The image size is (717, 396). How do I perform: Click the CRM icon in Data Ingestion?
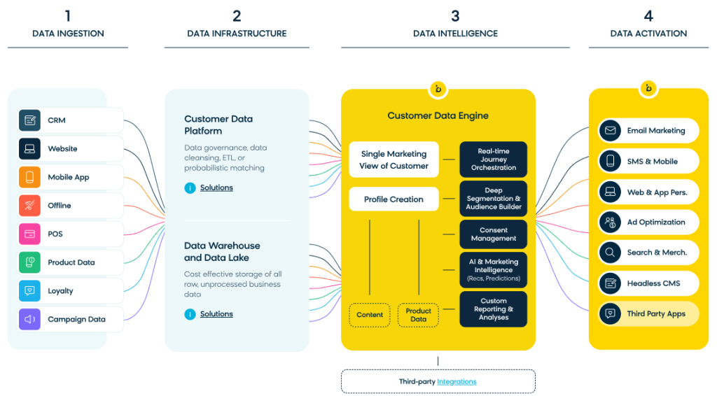29,120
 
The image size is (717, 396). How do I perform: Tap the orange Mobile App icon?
29,177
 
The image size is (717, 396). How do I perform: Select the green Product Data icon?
29,262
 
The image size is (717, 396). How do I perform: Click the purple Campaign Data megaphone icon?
29,319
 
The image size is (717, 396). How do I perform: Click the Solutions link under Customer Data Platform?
216,188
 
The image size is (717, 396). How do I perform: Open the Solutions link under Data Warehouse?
216,314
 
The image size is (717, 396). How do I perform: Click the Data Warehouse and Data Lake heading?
222,251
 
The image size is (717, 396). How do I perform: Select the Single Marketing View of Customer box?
394,160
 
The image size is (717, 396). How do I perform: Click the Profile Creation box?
394,199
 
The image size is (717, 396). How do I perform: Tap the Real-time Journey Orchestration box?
493,160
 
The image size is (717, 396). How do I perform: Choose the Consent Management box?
493,234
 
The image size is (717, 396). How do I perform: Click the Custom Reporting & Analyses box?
493,309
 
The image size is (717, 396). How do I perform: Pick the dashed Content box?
370,315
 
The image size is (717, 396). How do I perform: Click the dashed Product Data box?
418,315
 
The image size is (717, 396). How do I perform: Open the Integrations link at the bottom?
457,382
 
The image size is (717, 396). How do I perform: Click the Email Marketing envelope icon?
611,131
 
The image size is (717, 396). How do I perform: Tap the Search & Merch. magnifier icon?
611,253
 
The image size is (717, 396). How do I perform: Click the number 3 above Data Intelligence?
455,15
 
